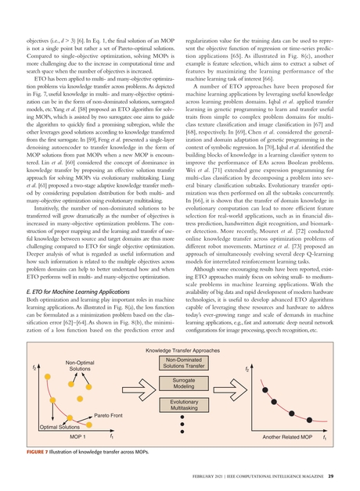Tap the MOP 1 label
tap(57, 436)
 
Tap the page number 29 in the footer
tap(332, 476)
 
